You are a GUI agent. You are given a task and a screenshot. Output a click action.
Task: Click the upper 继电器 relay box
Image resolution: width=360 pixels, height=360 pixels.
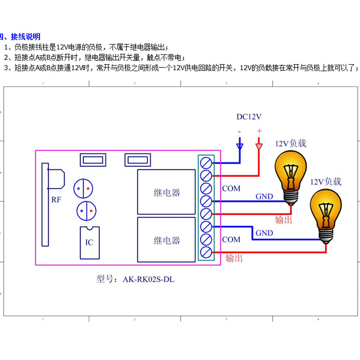(166, 192)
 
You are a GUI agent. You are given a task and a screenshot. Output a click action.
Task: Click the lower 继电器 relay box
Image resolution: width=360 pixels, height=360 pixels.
(166, 240)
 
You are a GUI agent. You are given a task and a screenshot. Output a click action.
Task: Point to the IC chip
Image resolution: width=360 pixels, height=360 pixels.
(89, 242)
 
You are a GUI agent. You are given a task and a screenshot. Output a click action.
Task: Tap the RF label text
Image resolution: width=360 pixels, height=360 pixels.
(56, 200)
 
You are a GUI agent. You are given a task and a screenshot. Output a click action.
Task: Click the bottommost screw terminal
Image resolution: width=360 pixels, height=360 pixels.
(206, 252)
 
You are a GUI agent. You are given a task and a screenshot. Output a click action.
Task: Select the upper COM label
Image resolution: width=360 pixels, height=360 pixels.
(231, 189)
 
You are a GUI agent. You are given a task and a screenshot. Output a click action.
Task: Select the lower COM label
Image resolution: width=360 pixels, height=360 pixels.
(231, 239)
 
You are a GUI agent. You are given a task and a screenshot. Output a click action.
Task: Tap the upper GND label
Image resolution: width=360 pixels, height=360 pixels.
(264, 197)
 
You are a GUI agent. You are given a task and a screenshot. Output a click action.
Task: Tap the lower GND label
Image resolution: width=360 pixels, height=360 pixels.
(264, 233)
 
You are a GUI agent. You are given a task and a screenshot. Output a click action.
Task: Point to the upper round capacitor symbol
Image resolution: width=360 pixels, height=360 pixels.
(83, 188)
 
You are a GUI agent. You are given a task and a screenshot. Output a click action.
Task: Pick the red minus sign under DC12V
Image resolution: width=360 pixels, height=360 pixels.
(239, 131)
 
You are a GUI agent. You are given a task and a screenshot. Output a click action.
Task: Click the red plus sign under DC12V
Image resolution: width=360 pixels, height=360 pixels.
(259, 131)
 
